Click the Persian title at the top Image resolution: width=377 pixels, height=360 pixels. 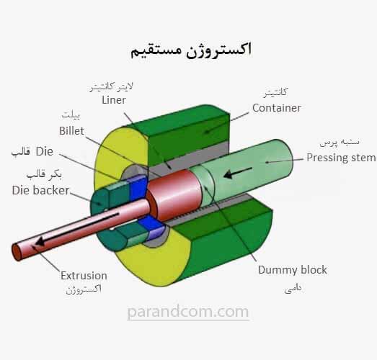click(191, 50)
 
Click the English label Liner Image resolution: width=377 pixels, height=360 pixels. click(114, 100)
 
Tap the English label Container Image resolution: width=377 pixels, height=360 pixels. click(277, 108)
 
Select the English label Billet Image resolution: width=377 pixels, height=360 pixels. click(71, 131)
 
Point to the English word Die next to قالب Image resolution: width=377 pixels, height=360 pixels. click(45, 151)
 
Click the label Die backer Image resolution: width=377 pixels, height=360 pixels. click(40, 191)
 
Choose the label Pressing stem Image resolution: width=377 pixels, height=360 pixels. click(341, 158)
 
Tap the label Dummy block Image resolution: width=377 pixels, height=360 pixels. click(293, 270)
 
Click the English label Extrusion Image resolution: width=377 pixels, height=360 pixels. click(84, 276)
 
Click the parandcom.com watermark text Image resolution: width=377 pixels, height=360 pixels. click(187, 312)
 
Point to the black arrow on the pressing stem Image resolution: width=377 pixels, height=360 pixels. click(238, 173)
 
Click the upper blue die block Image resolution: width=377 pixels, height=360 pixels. click(138, 188)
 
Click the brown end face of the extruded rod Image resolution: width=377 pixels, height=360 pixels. click(17, 252)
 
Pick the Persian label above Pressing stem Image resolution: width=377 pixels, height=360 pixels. click(340, 143)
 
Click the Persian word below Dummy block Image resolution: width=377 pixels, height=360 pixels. click(293, 289)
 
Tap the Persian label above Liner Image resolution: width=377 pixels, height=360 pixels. click(111, 87)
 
